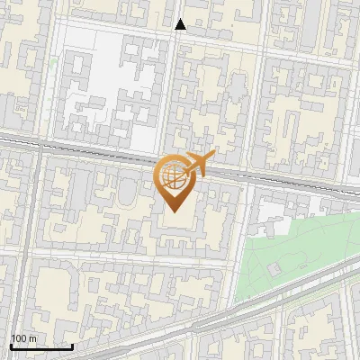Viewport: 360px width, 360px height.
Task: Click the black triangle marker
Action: tap(181, 24)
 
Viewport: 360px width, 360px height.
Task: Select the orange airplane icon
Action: tap(197, 164)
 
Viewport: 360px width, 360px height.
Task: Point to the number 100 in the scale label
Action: tap(19, 338)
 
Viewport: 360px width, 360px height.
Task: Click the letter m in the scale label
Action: tap(33, 338)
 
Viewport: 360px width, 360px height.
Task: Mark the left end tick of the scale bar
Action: tap(11, 346)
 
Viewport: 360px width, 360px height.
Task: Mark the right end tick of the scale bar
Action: tap(72, 346)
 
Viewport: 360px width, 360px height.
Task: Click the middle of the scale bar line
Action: tap(41, 347)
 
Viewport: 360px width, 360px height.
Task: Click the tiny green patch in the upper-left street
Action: tap(54, 63)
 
